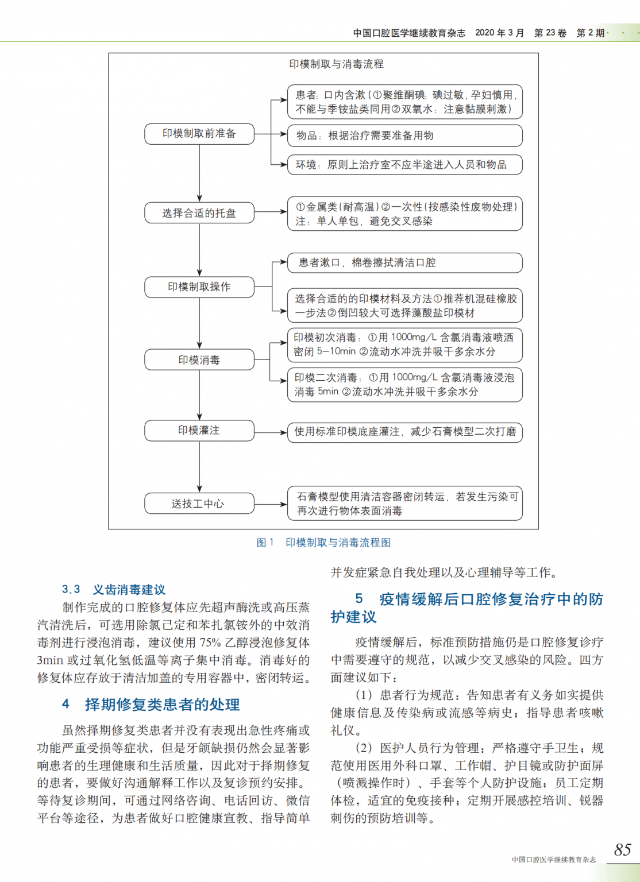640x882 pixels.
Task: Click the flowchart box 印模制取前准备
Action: [x=199, y=134]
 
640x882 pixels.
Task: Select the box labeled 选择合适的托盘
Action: [x=199, y=213]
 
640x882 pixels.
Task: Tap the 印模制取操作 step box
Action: [x=199, y=287]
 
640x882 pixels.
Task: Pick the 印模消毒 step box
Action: [x=199, y=360]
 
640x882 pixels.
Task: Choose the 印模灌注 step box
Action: [x=199, y=430]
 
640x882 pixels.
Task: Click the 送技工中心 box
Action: [x=199, y=504]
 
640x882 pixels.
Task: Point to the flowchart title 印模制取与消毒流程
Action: [x=336, y=64]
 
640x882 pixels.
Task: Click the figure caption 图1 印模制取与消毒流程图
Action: [x=323, y=543]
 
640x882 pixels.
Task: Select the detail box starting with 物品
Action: [x=404, y=136]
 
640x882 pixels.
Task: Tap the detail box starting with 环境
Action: [x=404, y=165]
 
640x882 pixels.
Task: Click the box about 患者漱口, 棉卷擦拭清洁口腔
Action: [x=404, y=262]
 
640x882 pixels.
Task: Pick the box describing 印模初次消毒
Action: [x=404, y=345]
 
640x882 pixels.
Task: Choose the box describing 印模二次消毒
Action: [x=404, y=385]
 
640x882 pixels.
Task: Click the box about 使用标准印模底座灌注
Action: [x=404, y=432]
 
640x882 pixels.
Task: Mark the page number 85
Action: [x=622, y=849]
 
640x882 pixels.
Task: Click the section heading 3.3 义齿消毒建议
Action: [x=114, y=589]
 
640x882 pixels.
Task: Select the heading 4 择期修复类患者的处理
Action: [x=151, y=705]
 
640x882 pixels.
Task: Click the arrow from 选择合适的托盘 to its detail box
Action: [x=271, y=212]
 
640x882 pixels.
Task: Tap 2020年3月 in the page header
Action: [x=499, y=33]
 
